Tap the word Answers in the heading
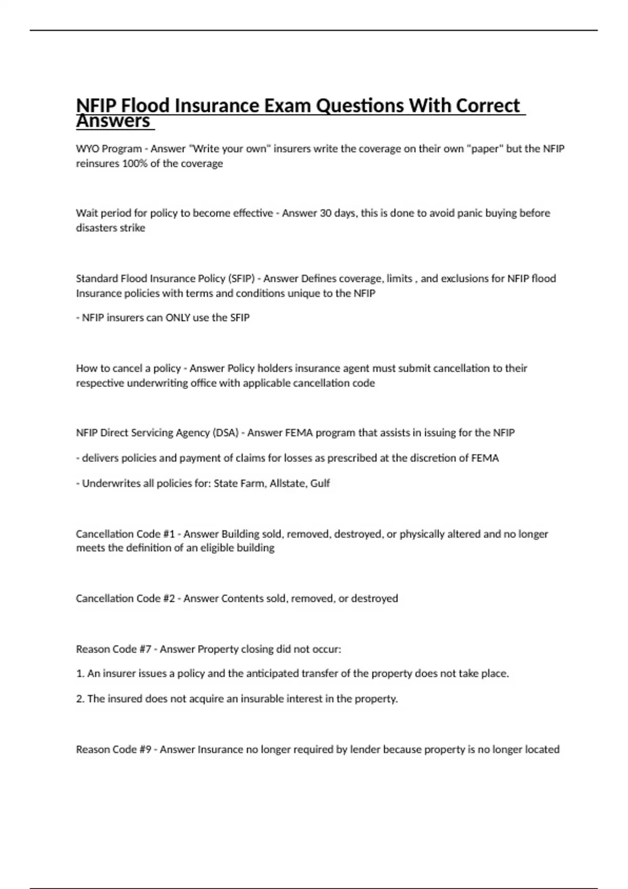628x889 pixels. coord(113,121)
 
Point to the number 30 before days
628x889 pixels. coord(325,213)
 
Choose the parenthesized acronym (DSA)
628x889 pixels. coord(226,432)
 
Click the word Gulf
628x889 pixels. coord(320,483)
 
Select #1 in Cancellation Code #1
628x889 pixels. coord(169,534)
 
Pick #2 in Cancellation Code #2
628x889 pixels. coord(169,598)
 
